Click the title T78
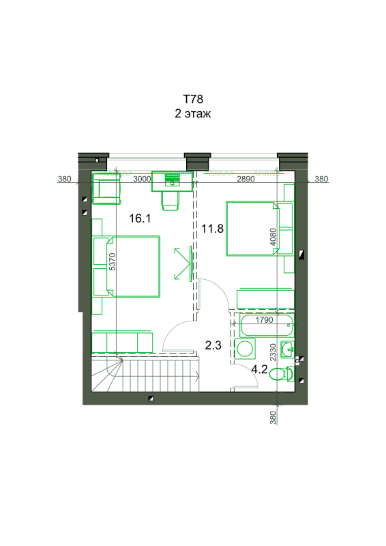point(193,99)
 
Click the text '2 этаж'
point(193,113)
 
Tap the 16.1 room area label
point(140,218)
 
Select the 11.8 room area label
point(212,229)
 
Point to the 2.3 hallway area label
point(213,345)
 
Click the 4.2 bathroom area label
point(259,369)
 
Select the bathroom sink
point(288,349)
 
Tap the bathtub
point(267,326)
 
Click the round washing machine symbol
point(245,349)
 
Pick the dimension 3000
point(142,179)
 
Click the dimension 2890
point(246,179)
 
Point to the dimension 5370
point(112,262)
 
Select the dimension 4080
point(273,237)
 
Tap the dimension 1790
point(265,319)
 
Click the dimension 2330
point(273,352)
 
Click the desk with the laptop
point(172,181)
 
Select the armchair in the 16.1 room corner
point(106,189)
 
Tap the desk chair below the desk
point(170,201)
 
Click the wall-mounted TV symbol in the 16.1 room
point(190,263)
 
